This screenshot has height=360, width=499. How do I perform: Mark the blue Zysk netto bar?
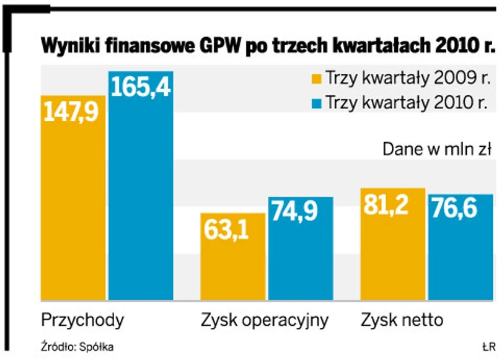click(461, 254)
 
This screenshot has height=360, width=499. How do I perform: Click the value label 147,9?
click(73, 113)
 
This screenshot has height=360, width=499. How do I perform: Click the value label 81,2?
click(392, 205)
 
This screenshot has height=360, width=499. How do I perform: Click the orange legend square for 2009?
click(315, 79)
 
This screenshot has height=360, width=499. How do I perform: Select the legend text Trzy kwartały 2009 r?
click(407, 79)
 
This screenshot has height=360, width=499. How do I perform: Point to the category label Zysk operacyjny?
click(264, 321)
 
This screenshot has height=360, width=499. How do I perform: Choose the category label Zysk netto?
click(402, 320)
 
